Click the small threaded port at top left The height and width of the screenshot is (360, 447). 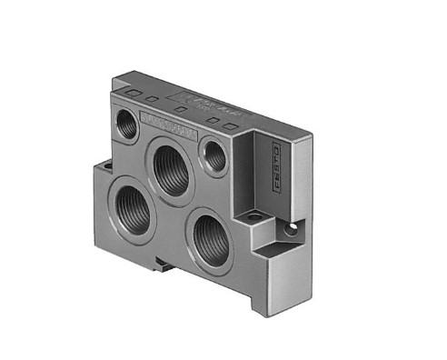128,125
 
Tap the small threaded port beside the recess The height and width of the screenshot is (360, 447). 215,157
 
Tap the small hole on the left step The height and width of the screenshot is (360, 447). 106,165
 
